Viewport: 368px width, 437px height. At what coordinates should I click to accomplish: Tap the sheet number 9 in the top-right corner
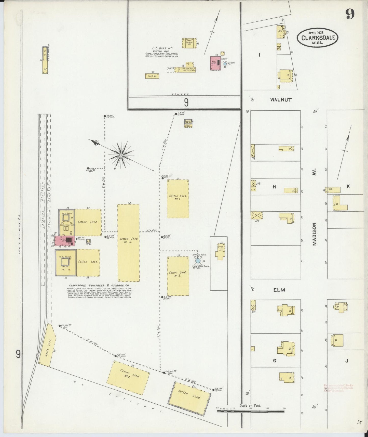350,14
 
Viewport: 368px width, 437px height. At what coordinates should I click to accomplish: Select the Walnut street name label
281,100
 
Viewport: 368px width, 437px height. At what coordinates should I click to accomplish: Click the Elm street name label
279,290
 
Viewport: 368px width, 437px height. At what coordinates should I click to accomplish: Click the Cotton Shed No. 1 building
178,199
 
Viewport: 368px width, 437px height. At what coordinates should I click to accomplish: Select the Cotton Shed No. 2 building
178,276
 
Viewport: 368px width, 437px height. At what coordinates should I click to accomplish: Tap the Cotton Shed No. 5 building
128,243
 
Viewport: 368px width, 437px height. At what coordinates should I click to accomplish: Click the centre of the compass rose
121,155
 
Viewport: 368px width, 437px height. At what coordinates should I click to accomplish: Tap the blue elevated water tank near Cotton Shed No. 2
198,261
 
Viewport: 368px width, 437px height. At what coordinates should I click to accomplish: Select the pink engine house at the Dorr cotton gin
215,63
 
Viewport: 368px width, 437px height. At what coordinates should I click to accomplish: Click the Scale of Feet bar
251,411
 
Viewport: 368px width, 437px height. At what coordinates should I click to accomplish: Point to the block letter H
274,187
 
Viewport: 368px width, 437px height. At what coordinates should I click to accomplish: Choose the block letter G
274,361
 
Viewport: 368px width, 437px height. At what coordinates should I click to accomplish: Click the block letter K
348,186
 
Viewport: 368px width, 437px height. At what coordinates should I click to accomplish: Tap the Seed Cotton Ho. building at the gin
189,43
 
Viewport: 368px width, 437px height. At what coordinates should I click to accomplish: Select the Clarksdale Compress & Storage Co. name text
99,285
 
